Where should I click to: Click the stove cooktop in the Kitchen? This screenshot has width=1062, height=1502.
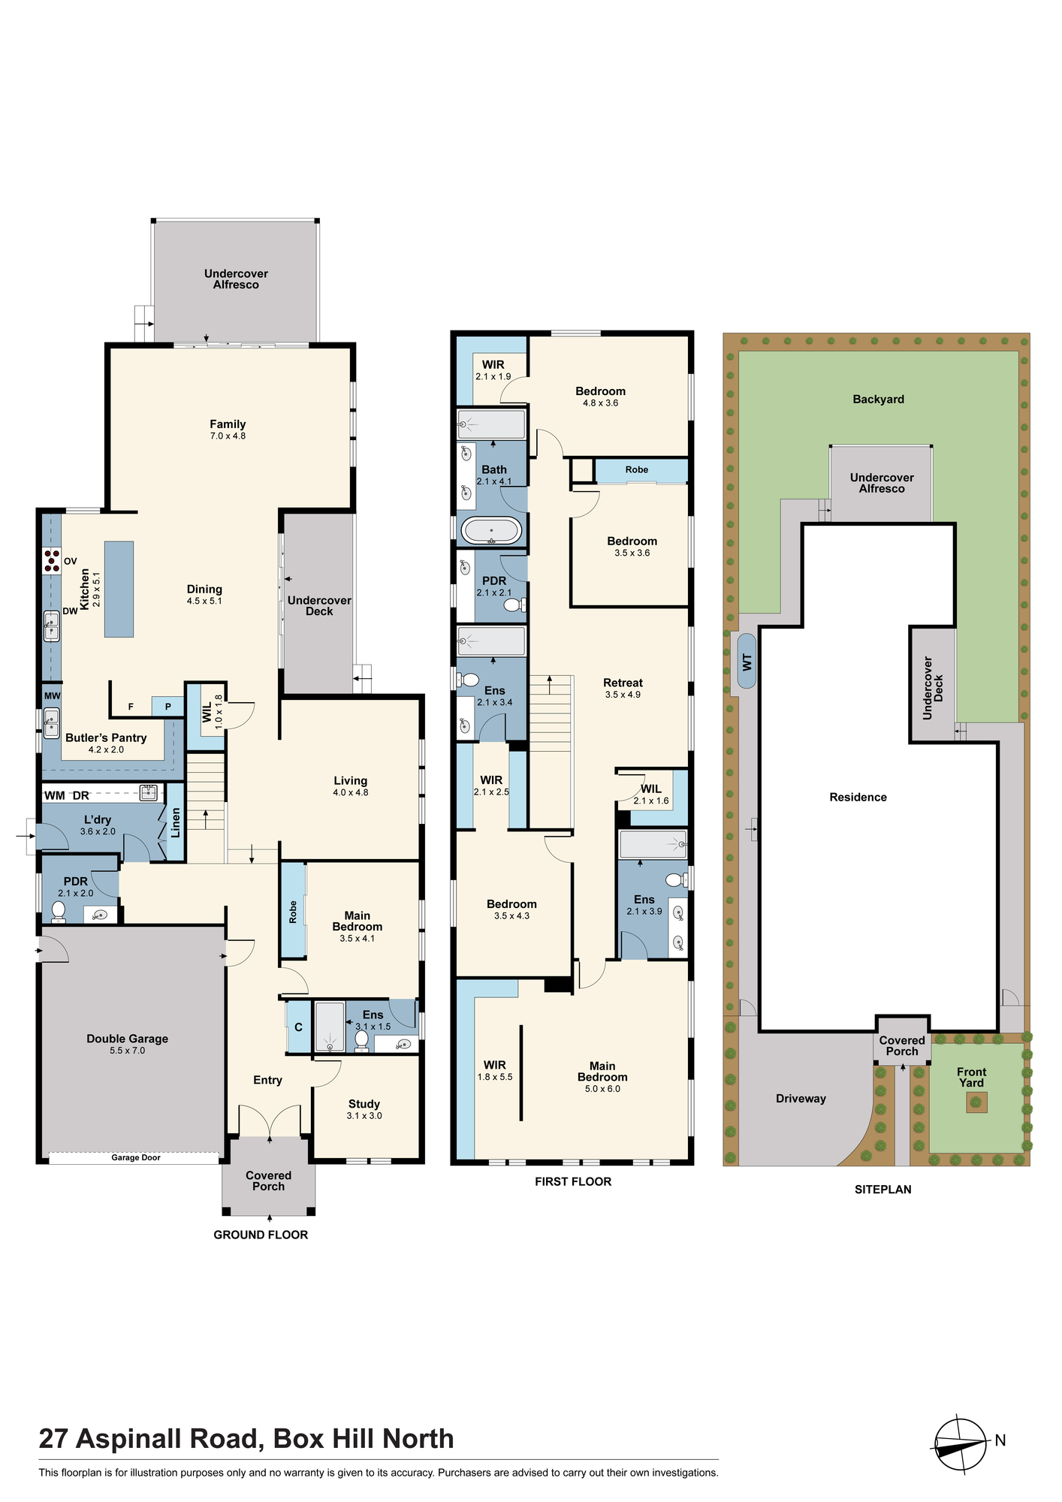pos(52,561)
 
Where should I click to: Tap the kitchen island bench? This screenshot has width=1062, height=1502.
pos(119,590)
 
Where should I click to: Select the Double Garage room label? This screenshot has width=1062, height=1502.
pos(128,1039)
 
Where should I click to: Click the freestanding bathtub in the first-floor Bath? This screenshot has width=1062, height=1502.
pos(491,531)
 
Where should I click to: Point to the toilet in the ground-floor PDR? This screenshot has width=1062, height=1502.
pos(58,912)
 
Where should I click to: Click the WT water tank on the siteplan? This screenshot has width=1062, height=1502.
pos(747,662)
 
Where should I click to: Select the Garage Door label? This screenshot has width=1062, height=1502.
pos(136,1157)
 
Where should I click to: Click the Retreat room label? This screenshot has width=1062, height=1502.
pos(623,683)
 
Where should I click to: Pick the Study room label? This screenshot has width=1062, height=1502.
pos(364,1104)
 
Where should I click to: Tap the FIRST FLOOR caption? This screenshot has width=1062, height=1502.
pos(573,1181)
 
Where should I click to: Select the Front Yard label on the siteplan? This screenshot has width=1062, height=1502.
pos(972,1077)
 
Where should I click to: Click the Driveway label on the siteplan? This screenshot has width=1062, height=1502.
pos(801,1099)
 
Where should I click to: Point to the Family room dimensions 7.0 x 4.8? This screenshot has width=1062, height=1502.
pos(228,436)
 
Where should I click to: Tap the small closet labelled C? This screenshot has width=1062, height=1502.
pos(298,1027)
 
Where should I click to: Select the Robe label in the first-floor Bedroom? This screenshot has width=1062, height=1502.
pos(637,469)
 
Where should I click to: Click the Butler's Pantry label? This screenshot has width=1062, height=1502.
pos(106,737)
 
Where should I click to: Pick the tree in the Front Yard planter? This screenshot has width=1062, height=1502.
pos(976,1102)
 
